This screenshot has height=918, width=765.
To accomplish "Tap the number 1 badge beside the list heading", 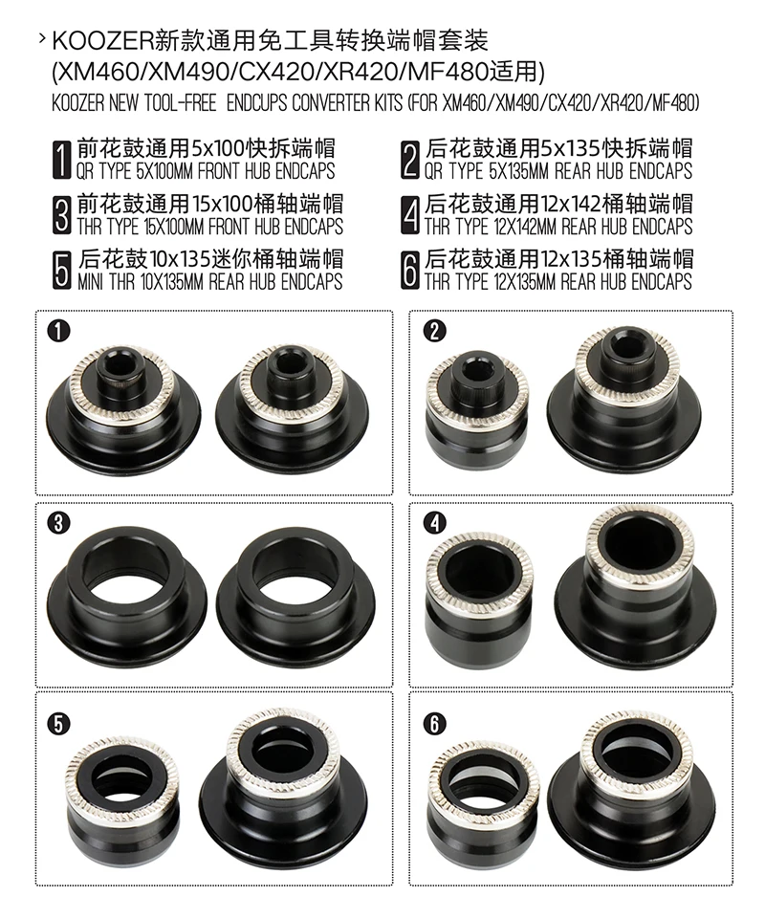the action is (x=61, y=160).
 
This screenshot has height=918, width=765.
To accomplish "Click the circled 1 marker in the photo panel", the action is (x=59, y=332).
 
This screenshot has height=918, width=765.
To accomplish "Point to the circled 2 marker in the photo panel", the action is (x=434, y=332).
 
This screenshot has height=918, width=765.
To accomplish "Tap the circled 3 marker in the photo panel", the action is (x=58, y=523).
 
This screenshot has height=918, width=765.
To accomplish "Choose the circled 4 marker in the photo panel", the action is (x=434, y=523).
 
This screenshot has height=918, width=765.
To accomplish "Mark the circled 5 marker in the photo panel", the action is (x=58, y=724).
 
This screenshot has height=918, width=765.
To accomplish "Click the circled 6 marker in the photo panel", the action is (x=434, y=724).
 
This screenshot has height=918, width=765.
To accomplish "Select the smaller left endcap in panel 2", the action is (x=476, y=410).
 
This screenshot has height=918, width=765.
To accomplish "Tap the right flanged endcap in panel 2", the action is (x=624, y=393).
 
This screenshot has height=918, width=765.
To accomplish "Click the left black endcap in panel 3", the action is (x=124, y=591).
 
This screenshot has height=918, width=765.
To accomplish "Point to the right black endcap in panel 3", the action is (x=293, y=591).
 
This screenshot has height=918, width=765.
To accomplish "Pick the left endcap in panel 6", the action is (x=482, y=802).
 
